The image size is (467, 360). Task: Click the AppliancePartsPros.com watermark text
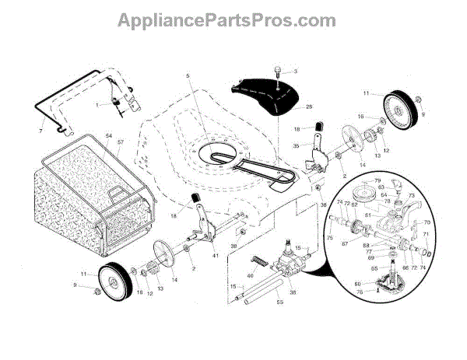pos(233,19)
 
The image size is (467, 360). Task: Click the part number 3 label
pos(295,72)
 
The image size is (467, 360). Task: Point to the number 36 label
pos(293,292)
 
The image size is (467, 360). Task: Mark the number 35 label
pos(295,145)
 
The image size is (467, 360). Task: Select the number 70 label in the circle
pos(426,222)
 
